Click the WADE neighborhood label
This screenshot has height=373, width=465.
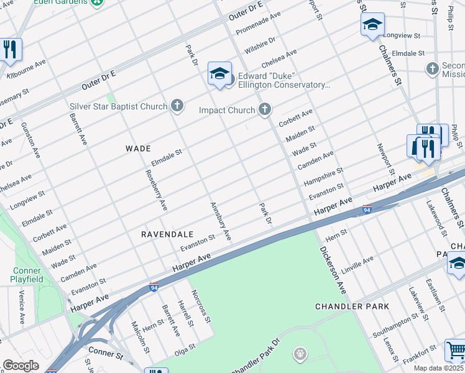[138, 149]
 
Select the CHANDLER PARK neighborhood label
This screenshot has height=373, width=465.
[352, 306]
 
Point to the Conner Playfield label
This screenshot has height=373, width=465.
[26, 275]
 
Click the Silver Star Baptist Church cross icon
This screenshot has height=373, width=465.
[177, 106]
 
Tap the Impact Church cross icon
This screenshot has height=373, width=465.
[265, 110]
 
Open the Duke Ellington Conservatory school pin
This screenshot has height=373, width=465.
[219, 74]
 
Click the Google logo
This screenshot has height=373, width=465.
[21, 365]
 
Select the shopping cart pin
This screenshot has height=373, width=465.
[455, 350]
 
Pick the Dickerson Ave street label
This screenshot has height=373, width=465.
[333, 270]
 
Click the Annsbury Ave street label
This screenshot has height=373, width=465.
[221, 221]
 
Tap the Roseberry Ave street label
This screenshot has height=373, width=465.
[156, 189]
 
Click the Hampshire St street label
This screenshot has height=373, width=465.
[323, 177]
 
